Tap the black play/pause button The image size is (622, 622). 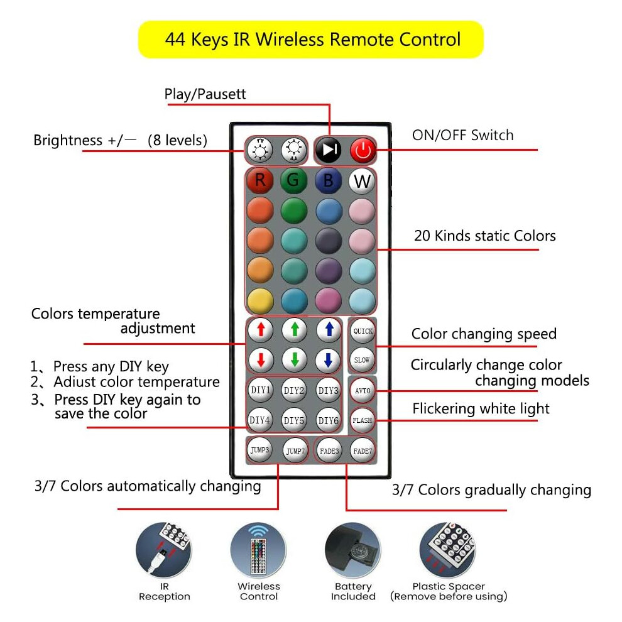(328, 150)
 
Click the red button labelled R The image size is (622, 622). (260, 180)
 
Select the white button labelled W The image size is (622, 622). (362, 182)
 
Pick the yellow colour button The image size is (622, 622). (260, 301)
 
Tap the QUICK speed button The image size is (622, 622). (363, 331)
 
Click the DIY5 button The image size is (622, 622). (294, 420)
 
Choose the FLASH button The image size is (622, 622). (362, 420)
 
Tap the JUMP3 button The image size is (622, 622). (260, 450)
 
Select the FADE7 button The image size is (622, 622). (363, 451)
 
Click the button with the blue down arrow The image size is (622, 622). (328, 360)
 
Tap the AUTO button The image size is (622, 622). (362, 391)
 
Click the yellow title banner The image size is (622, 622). (311, 40)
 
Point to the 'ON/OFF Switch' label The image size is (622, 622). (462, 135)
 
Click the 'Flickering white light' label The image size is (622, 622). (481, 408)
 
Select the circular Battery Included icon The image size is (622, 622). (353, 550)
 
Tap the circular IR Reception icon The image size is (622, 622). (164, 550)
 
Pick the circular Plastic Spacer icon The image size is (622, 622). (448, 550)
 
